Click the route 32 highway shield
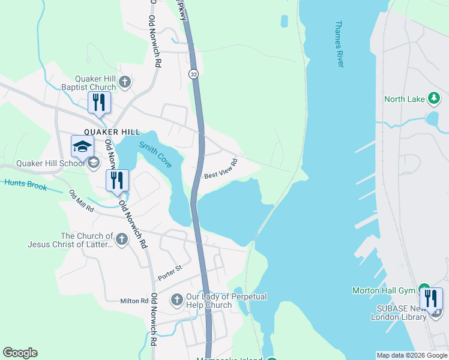coord(193,74)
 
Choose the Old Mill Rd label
coord(81,201)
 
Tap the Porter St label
coord(170,273)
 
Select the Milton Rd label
coord(134,301)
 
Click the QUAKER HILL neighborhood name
coord(112,132)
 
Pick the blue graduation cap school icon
coord(82,146)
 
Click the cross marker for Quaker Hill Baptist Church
coord(124,82)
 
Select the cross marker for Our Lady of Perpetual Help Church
coord(177,299)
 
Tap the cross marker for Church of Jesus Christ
coord(121,240)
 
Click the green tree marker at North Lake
coord(434,98)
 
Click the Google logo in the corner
coord(20,353)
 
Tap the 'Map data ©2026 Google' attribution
coord(411,355)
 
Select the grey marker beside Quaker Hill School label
coord(93,163)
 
